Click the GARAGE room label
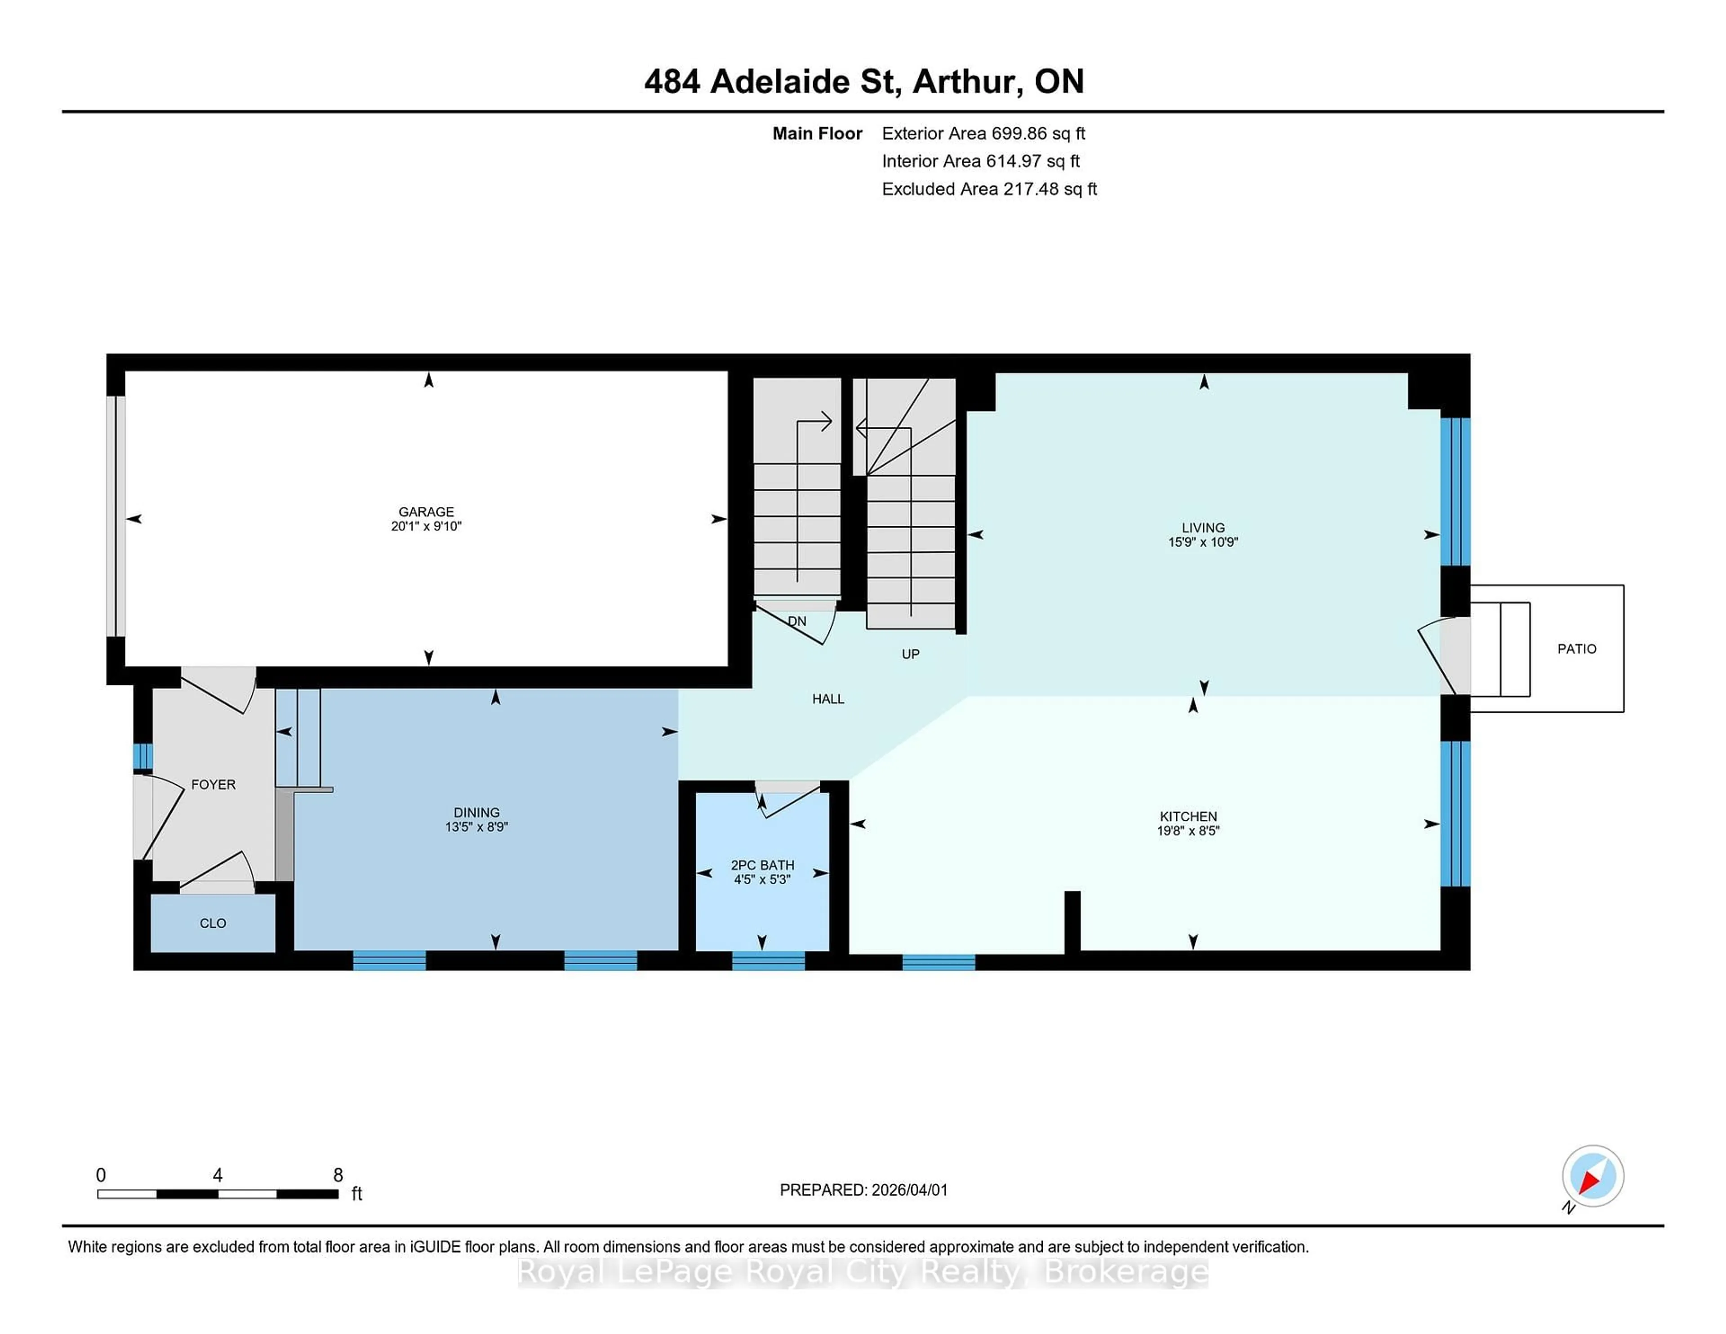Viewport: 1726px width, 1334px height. click(x=426, y=511)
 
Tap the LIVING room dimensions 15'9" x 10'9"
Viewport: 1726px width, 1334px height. click(x=1203, y=542)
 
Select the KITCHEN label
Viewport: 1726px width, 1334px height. click(x=1188, y=816)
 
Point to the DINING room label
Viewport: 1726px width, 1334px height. click(x=476, y=813)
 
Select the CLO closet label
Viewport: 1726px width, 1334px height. click(x=213, y=923)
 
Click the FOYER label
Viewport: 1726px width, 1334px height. click(x=214, y=785)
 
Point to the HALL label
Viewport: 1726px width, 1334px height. click(x=827, y=698)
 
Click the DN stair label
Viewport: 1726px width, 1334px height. click(x=796, y=621)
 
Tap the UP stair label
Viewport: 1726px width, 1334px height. click(x=910, y=654)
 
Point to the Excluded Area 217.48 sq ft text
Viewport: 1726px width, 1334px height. click(x=989, y=189)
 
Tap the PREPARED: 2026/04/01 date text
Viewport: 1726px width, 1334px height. click(x=863, y=1190)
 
